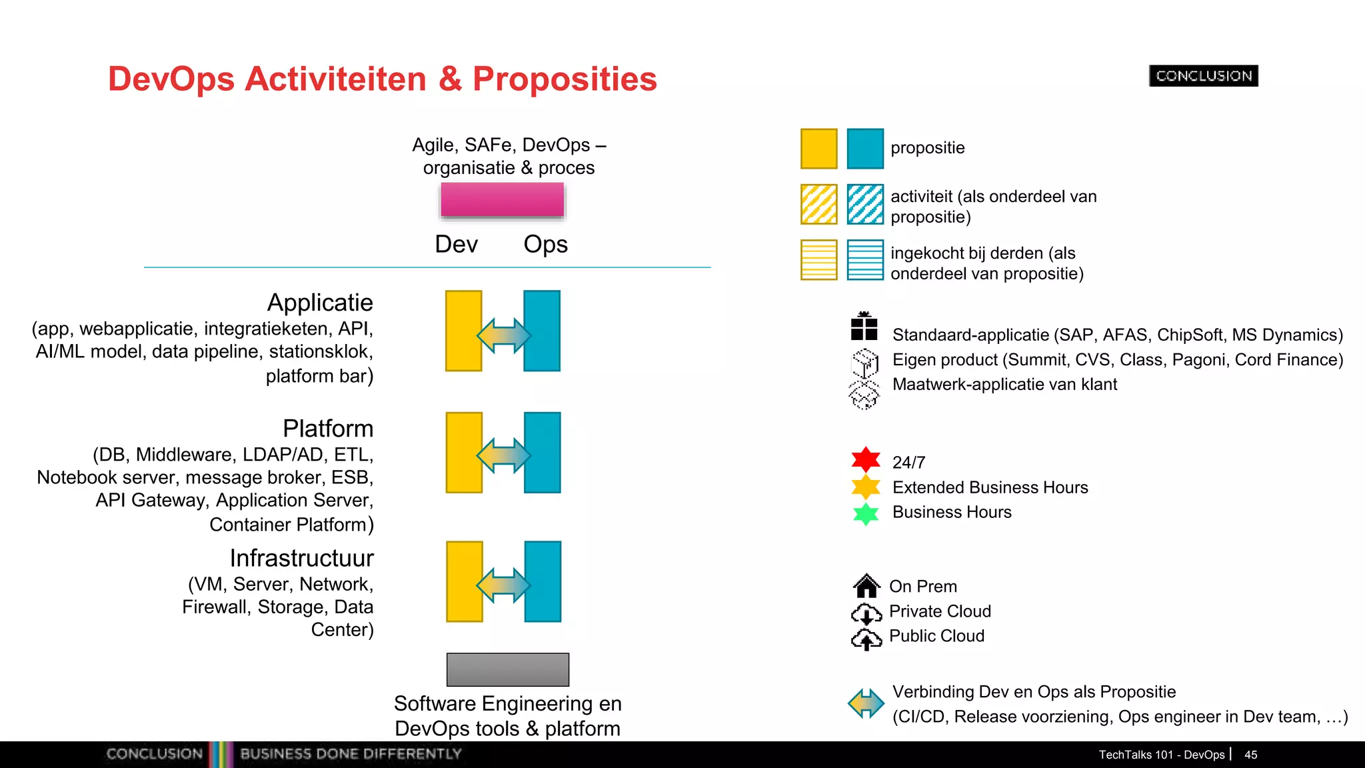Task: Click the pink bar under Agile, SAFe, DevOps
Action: tap(502, 199)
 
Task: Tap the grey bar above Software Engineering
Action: tap(507, 669)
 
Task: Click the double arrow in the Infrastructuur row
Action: tap(504, 585)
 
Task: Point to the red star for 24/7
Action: tap(866, 459)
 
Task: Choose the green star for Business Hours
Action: tap(866, 513)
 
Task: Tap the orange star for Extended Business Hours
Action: tap(866, 487)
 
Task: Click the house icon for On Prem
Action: tap(866, 586)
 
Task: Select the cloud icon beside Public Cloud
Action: tap(866, 639)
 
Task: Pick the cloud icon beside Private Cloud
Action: tap(866, 612)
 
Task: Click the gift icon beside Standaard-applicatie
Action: tap(864, 327)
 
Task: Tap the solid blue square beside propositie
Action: tap(865, 148)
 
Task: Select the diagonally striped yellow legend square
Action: tap(818, 204)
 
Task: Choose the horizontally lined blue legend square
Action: tap(865, 260)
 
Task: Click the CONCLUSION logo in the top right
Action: tap(1203, 76)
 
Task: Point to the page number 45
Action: tap(1250, 755)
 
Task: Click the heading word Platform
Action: tap(328, 429)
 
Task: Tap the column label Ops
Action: tap(545, 245)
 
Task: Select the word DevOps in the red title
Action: tap(171, 79)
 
